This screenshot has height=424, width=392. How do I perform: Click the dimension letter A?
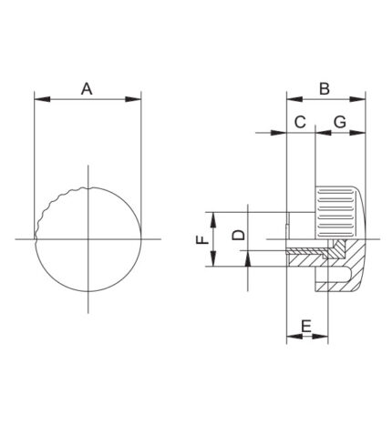[x=87, y=89]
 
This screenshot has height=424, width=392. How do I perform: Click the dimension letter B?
[x=325, y=89]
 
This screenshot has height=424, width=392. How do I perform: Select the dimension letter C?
[x=300, y=122]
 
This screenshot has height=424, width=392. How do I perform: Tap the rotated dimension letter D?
[x=239, y=235]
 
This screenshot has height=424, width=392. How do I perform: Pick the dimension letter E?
[x=306, y=327]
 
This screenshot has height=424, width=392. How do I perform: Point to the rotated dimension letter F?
[x=202, y=240]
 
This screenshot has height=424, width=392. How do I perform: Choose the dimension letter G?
[x=340, y=122]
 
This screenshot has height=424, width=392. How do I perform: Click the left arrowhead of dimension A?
[x=42, y=99]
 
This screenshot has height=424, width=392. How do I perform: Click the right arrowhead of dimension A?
[x=133, y=99]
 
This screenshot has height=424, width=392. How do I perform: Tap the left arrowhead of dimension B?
[x=294, y=99]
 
